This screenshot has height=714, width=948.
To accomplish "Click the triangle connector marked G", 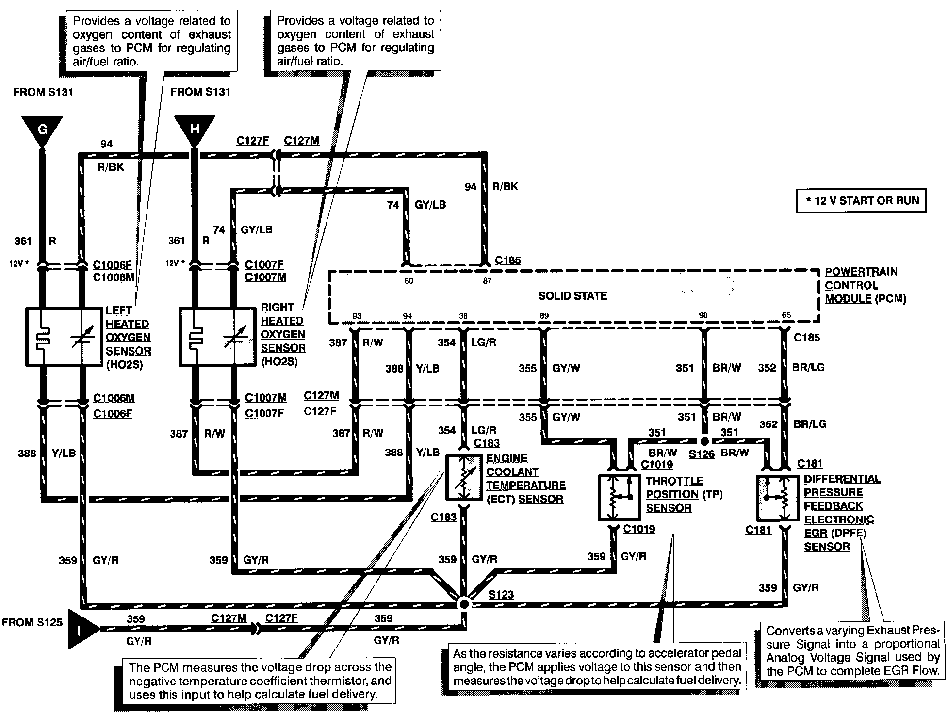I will (x=43, y=130).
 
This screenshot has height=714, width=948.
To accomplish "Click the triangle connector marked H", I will (x=195, y=130).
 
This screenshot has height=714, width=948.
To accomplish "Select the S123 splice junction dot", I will (x=464, y=604).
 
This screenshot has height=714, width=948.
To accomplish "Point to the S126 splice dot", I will (x=704, y=441).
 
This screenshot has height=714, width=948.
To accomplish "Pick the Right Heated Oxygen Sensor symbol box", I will (x=217, y=336).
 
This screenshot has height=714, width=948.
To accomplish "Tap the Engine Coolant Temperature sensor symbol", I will (x=464, y=478).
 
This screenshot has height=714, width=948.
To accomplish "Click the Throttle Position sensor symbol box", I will (x=620, y=497).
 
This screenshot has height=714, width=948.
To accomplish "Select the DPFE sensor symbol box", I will (x=778, y=498).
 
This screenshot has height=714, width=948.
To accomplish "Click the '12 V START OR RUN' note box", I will (x=861, y=201).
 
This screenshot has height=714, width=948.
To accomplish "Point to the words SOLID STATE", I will (x=572, y=296).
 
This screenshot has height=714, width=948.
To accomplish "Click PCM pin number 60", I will (x=409, y=281).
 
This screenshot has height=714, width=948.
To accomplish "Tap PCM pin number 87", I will (x=487, y=281).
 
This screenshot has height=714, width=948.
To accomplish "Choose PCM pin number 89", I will (x=544, y=316).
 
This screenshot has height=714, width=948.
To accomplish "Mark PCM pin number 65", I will (x=786, y=315).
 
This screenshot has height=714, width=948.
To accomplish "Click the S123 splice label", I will (x=501, y=595).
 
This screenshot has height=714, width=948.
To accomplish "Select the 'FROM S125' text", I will (x=33, y=622).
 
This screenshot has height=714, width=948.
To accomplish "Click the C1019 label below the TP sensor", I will (x=639, y=529).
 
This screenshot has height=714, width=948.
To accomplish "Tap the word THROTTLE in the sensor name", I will (x=674, y=481).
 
